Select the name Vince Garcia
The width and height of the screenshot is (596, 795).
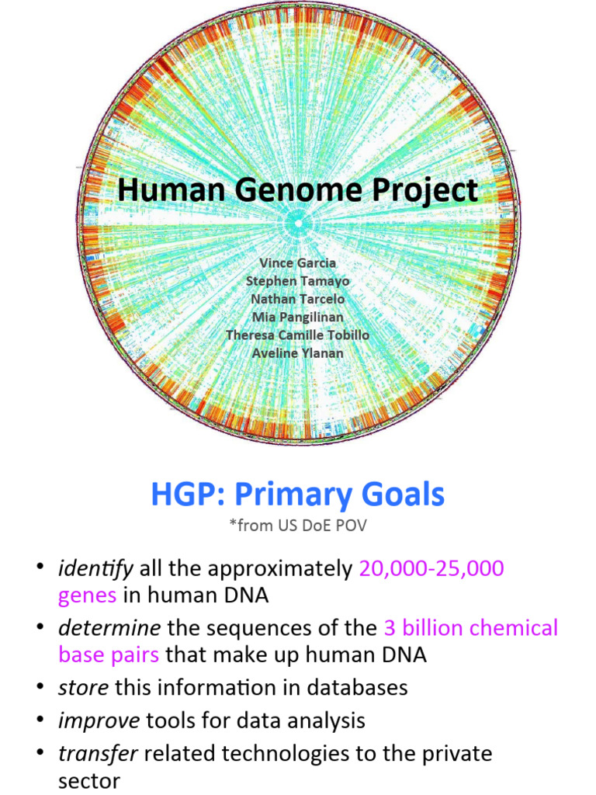pyautogui.click(x=298, y=263)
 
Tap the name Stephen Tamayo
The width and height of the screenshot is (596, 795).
pyautogui.click(x=298, y=281)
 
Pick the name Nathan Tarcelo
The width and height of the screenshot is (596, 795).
pyautogui.click(x=298, y=299)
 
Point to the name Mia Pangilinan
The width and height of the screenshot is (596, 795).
pyautogui.click(x=298, y=317)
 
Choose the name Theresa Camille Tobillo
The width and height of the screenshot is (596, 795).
pyautogui.click(x=298, y=335)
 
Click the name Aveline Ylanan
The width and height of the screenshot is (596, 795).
pyautogui.click(x=298, y=352)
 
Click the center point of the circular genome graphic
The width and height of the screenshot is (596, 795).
pyautogui.click(x=298, y=224)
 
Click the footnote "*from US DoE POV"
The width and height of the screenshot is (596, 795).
pyautogui.click(x=298, y=526)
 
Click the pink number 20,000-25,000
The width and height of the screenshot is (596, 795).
pyautogui.click(x=431, y=569)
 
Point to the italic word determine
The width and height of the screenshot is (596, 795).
pyautogui.click(x=109, y=627)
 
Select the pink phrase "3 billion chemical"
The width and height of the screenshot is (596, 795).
pyautogui.click(x=471, y=627)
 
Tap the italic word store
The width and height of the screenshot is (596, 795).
pyautogui.click(x=84, y=687)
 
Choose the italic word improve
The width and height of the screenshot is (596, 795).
pyautogui.click(x=99, y=720)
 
